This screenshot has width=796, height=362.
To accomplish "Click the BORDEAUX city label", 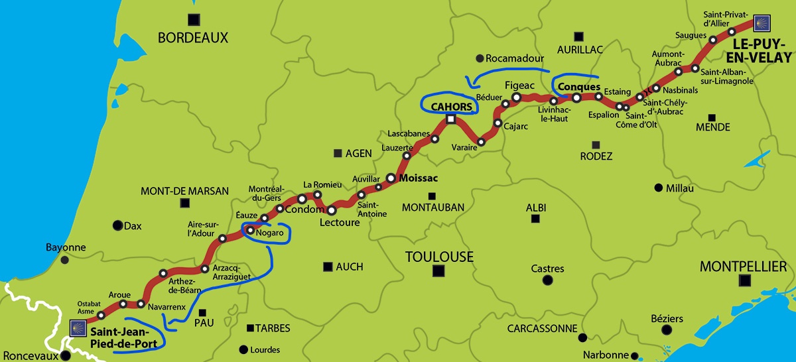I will pos(192,38).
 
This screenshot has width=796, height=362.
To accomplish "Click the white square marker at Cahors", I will pos(451,120).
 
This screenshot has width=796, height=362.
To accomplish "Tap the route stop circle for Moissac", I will pos(391,178).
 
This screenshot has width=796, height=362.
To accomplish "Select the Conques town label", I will pos(579,87).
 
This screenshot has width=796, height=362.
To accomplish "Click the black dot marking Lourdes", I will pos(243,349).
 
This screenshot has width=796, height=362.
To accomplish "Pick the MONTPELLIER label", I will pos(743,267).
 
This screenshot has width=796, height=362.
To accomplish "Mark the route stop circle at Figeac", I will pos(516,98).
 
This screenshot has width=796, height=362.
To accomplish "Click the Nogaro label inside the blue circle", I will pos(269,233).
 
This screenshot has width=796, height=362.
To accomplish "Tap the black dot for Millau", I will pos(658,188).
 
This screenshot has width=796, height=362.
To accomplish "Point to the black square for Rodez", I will pos(596,145).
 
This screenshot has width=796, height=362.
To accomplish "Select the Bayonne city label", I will pos(66,247).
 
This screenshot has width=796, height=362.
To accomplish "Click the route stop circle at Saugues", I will pos(713,40).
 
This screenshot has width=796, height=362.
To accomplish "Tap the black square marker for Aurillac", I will pos(579,36).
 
